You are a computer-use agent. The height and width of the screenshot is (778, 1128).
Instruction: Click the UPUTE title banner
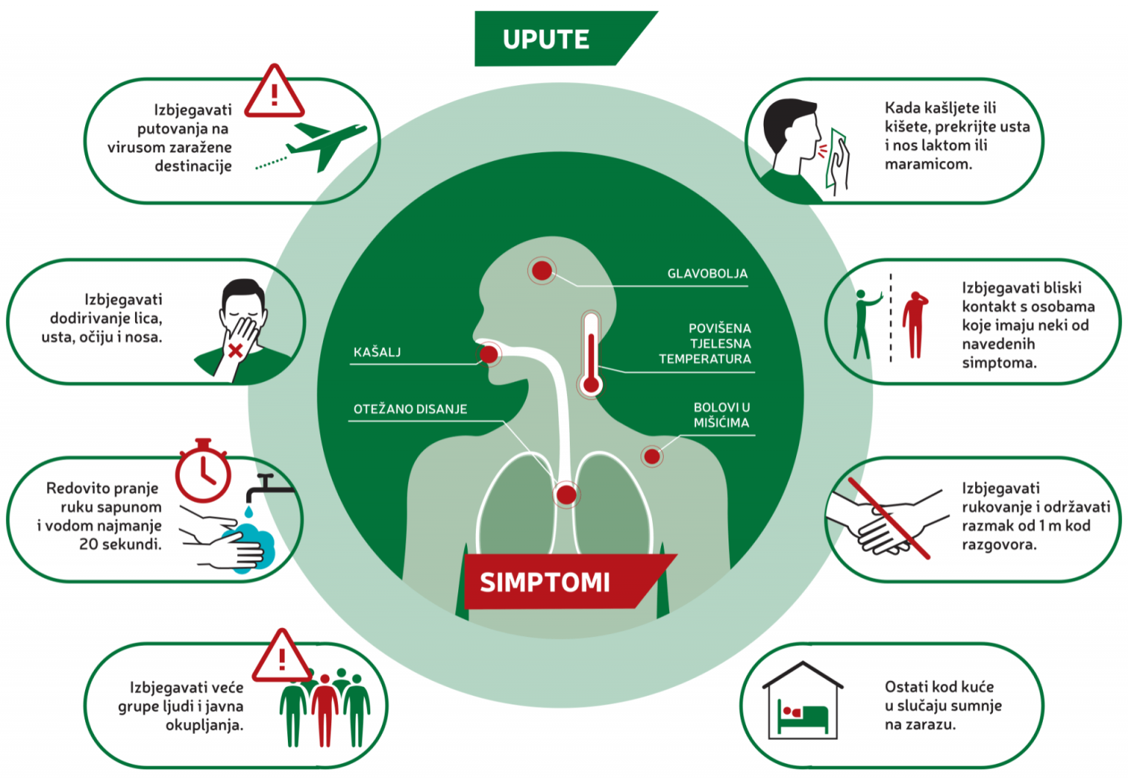click(547, 39)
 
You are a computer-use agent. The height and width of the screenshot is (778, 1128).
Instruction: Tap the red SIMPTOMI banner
click(545, 582)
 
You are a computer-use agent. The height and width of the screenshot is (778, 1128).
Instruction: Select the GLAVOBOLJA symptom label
click(706, 273)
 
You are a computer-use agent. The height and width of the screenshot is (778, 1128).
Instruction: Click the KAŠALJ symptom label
click(377, 352)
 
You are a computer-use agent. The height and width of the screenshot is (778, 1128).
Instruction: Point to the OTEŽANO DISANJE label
click(410, 409)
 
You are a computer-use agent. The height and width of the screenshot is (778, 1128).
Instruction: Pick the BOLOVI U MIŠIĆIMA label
click(721, 415)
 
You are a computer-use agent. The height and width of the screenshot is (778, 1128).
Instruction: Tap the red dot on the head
click(542, 270)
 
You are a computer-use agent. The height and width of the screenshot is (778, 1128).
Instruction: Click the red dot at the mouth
click(489, 355)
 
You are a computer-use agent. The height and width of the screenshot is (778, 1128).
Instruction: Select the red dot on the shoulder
click(651, 456)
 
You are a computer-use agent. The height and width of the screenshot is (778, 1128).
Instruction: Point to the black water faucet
click(268, 486)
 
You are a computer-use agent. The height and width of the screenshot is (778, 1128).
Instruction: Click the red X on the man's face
click(235, 350)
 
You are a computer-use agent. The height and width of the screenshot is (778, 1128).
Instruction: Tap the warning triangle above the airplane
click(274, 93)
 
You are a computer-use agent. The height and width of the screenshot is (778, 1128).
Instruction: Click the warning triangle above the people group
click(282, 657)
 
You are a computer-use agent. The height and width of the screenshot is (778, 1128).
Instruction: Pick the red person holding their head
click(914, 324)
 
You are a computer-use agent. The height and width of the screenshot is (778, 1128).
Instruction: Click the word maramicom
click(928, 164)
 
